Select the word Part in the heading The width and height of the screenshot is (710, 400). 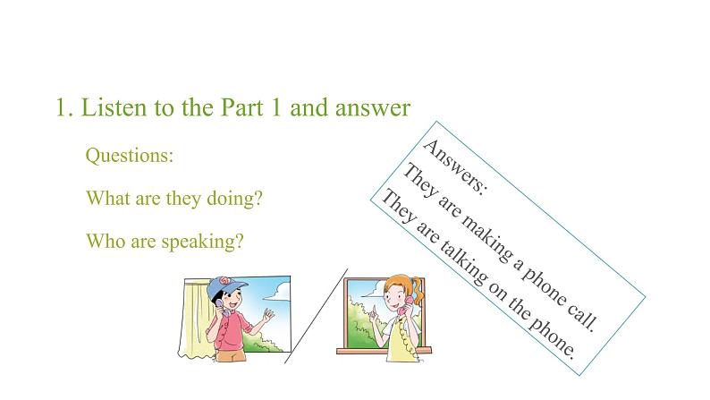241,107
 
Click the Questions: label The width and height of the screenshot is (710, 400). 130,156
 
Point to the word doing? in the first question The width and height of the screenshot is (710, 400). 234,199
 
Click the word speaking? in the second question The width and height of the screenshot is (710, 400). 203,242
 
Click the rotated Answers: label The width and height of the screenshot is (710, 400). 454,166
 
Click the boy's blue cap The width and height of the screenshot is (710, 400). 225,287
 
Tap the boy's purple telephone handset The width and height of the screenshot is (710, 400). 221,308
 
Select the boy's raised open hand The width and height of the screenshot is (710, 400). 268,314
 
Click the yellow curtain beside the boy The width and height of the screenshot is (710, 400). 195,317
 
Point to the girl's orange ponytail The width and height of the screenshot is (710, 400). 418,289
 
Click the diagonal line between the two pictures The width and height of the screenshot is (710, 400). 316,316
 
